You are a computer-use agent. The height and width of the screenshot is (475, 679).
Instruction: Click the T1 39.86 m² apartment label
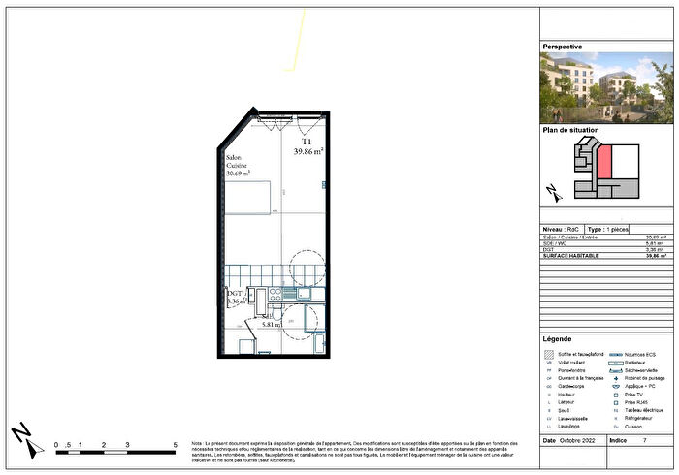click(307, 147)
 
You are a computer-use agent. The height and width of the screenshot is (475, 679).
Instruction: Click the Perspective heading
click(563, 46)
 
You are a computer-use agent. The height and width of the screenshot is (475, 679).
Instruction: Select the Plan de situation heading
click(570, 129)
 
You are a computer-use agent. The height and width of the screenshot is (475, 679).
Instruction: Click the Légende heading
click(558, 339)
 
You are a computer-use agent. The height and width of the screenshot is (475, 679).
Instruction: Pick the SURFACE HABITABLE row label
click(571, 256)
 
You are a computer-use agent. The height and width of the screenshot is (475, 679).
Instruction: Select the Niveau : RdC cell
click(562, 230)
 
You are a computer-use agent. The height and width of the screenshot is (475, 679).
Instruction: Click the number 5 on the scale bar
click(175, 443)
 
